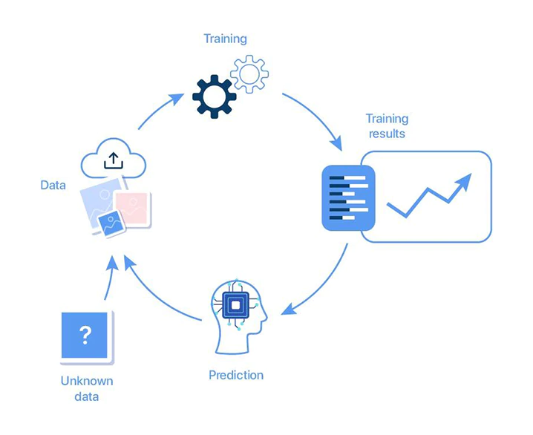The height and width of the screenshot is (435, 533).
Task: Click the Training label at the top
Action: coord(225,39)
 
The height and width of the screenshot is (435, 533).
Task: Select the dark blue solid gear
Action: coord(214,96)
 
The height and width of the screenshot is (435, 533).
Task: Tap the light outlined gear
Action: coord(249,73)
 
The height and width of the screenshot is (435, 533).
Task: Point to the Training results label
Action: coord(387,126)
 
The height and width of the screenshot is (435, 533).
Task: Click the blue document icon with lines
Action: coord(348,197)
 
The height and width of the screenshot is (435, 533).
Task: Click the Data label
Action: coord(53,185)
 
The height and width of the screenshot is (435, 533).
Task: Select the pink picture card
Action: coord(134,207)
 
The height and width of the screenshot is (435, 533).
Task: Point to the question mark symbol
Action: coord(85,335)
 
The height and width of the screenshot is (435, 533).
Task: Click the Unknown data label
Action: coord(86,389)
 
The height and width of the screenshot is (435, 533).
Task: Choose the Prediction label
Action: coord(236,374)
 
